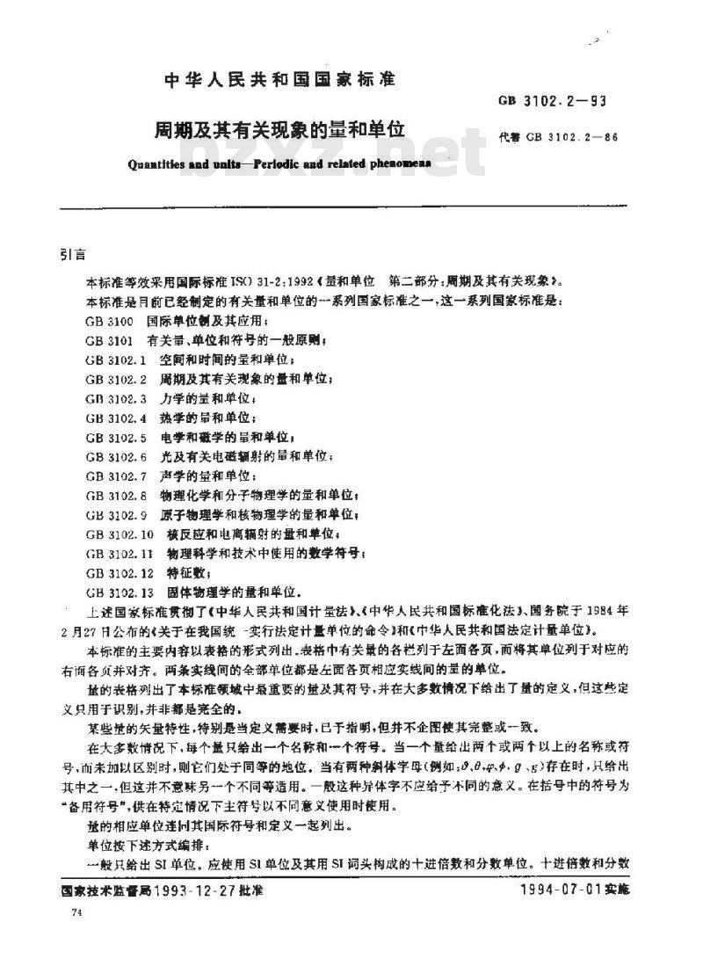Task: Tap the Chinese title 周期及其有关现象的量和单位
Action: tap(279, 128)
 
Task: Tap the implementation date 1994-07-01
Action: tap(558, 890)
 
